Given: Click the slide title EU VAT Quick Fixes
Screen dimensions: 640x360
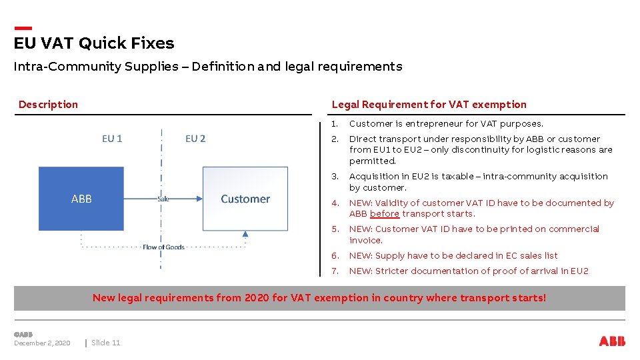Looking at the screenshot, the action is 94,43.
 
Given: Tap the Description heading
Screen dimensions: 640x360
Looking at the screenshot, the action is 48,104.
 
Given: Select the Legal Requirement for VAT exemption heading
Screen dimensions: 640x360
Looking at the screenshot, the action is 429,104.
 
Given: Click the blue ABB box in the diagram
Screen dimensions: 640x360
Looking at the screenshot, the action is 81,199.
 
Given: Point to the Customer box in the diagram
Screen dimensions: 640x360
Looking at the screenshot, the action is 245,199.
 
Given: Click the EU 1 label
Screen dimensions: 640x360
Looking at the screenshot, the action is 112,139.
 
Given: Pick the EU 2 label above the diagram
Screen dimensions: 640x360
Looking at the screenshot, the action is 195,139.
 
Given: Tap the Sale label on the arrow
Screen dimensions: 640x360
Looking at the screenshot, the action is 163,199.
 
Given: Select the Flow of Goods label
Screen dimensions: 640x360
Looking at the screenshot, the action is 163,247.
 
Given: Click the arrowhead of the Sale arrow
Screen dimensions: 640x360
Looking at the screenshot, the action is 199,199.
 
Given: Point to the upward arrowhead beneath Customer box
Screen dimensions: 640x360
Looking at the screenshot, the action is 245,234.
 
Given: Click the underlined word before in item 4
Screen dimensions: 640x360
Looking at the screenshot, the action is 385,214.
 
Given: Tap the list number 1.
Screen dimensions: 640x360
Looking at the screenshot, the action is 335,123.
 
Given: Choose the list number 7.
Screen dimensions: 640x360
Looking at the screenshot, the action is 335,271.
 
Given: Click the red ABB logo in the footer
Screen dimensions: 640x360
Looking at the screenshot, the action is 612,341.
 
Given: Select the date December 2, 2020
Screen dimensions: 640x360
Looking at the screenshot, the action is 42,343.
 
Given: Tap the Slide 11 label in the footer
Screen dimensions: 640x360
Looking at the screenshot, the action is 106,343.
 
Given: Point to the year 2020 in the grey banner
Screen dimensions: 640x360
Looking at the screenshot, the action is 257,298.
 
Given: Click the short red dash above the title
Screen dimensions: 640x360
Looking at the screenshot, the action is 23,28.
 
